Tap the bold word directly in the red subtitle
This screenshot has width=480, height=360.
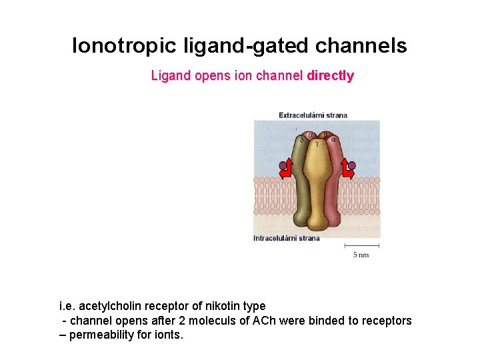tap(330, 76)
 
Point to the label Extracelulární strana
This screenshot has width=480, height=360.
tap(313, 115)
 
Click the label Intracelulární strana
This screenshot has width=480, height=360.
tap(286, 238)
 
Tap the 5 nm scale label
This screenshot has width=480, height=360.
tap(361, 255)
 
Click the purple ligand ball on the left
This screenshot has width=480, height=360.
tap(283, 165)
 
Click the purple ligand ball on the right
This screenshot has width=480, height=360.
tap(352, 165)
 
